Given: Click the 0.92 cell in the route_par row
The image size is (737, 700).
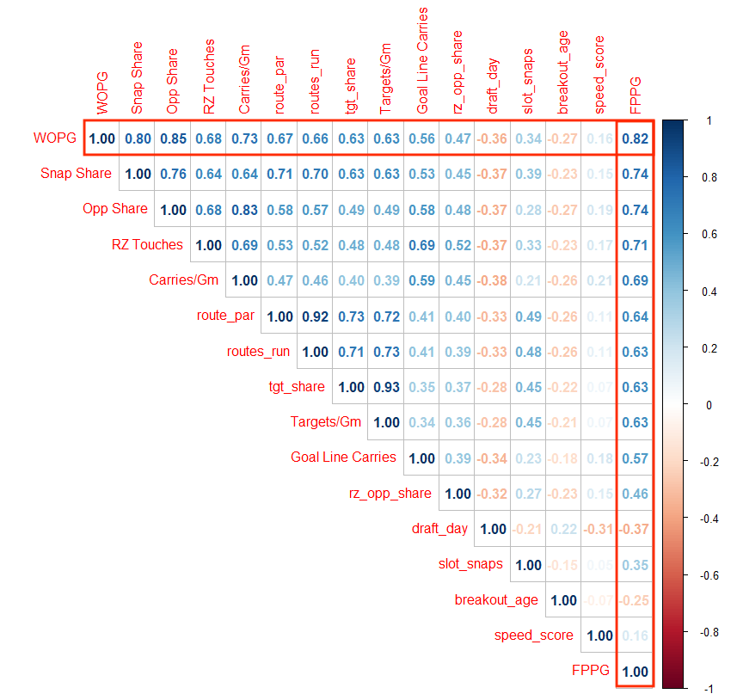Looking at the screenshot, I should click(x=315, y=316).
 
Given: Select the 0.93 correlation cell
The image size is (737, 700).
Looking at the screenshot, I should click(x=387, y=387).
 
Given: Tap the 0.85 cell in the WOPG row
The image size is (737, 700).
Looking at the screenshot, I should click(x=173, y=138).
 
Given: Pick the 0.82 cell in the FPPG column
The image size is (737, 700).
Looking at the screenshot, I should click(x=636, y=138).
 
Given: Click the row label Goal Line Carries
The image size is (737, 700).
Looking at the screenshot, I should click(x=344, y=457).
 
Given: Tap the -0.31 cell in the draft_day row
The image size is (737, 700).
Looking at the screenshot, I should click(x=599, y=529).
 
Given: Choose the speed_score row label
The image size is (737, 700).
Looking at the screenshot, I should click(x=533, y=636).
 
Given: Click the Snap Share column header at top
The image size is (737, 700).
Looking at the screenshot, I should click(x=137, y=77).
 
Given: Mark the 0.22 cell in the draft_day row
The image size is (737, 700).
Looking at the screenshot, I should click(x=564, y=529).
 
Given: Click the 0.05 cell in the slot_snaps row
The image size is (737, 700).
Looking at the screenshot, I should click(x=599, y=565).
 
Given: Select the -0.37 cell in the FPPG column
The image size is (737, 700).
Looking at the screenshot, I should click(x=636, y=529).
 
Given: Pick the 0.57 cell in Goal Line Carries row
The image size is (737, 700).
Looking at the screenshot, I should click(x=636, y=458).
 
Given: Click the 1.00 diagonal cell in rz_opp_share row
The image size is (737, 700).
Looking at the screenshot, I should click(x=458, y=494).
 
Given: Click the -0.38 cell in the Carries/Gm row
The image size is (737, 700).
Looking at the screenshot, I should click(x=493, y=280).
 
